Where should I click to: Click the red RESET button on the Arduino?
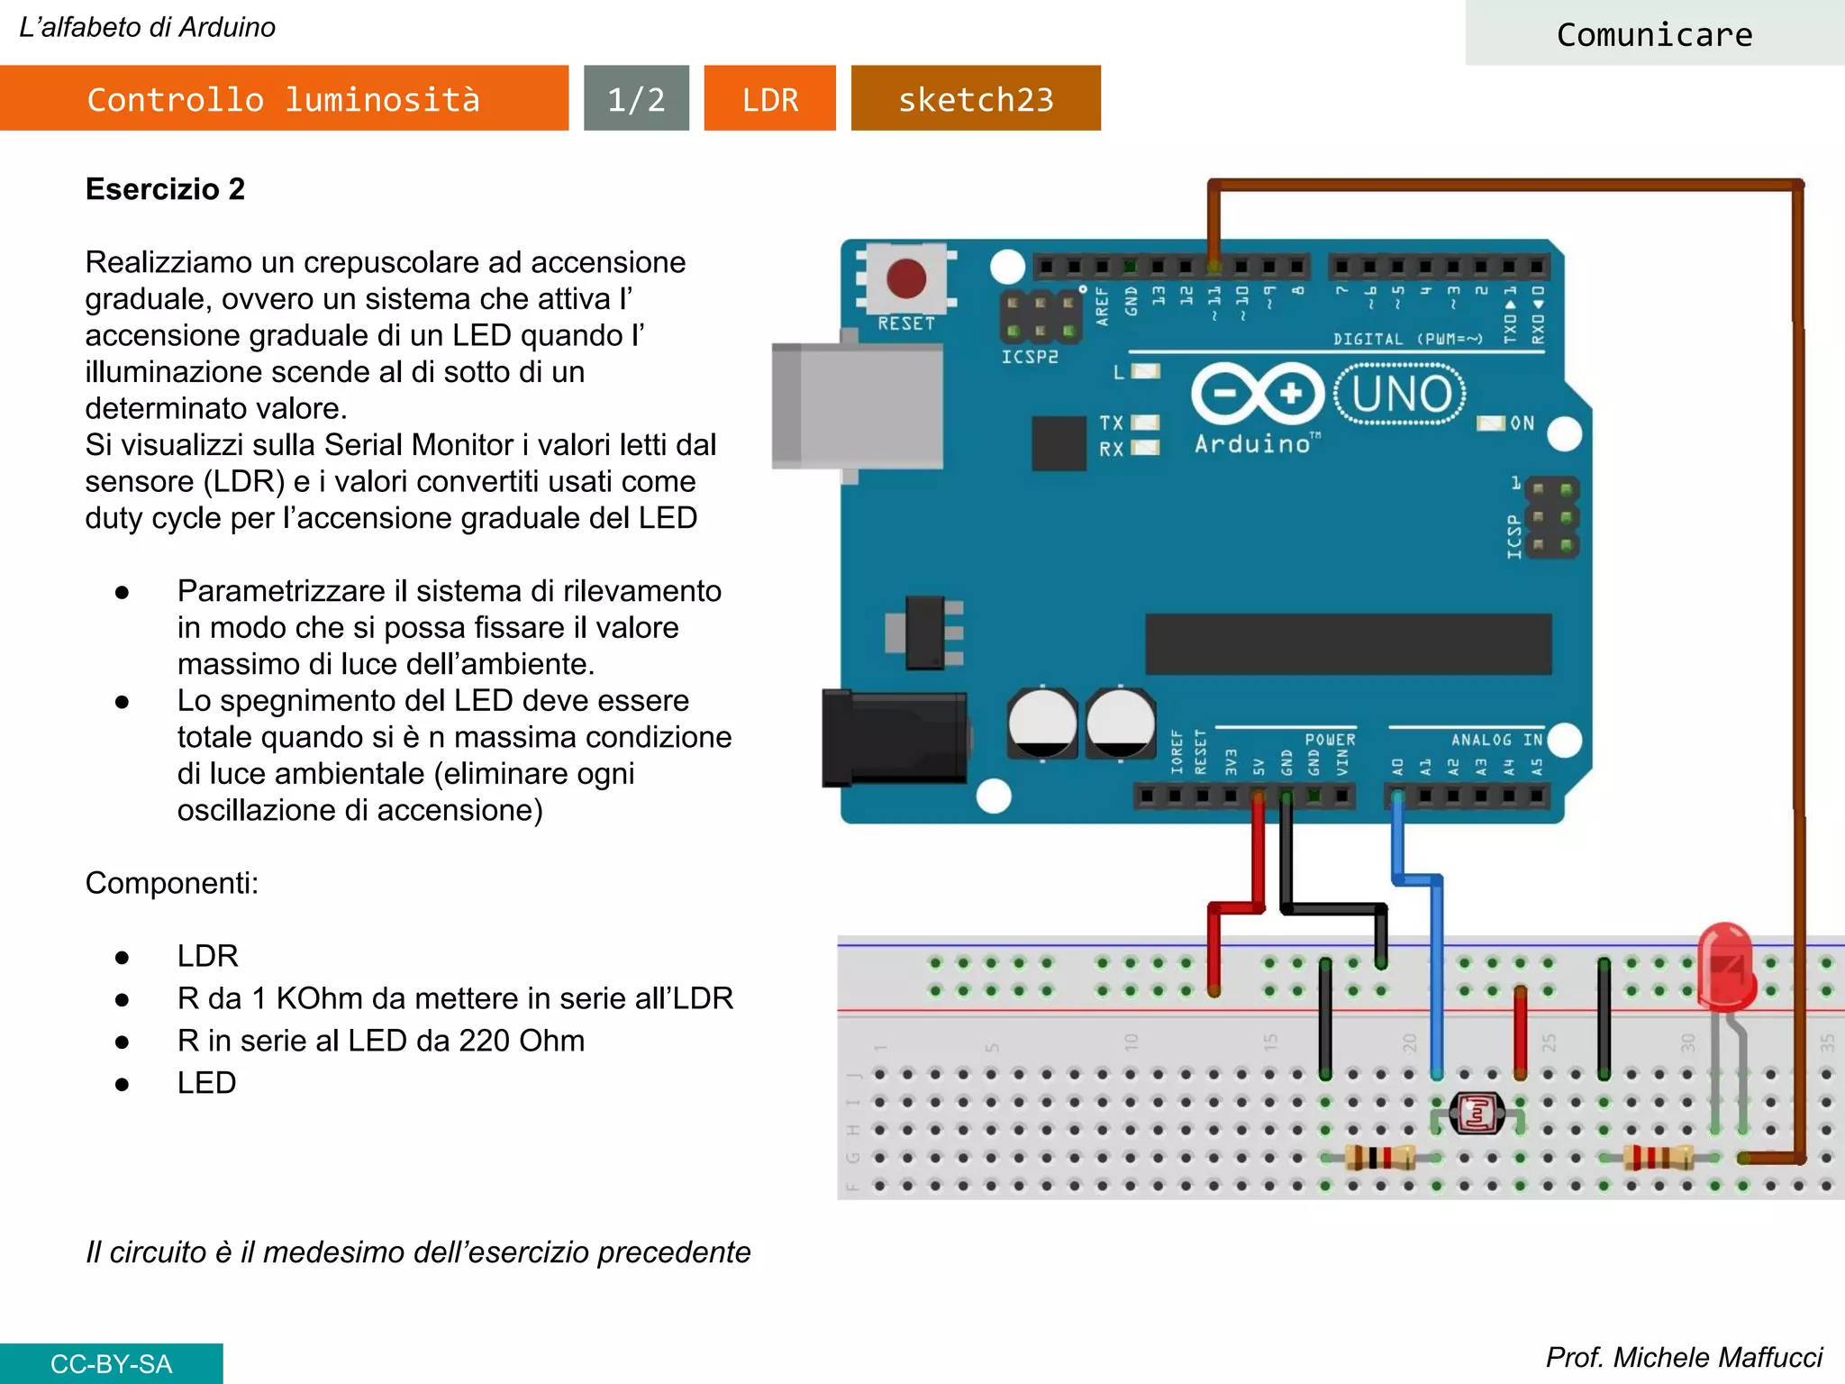[x=905, y=278]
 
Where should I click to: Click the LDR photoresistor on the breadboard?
[x=1477, y=1115]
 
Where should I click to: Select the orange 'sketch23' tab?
[x=976, y=99]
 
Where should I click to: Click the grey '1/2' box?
[x=636, y=99]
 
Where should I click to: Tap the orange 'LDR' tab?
[x=769, y=99]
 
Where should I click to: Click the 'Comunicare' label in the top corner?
[x=1654, y=34]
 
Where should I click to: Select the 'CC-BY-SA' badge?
[x=111, y=1363]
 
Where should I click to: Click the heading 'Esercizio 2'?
[x=165, y=189]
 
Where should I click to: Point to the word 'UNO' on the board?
[x=1402, y=394]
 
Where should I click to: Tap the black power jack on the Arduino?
[x=895, y=739]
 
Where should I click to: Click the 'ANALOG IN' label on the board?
[x=1495, y=740]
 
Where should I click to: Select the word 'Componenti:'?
[x=171, y=883]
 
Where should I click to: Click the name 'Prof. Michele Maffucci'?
[x=1683, y=1357]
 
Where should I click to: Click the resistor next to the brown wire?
[x=1659, y=1158]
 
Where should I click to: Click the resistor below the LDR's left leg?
[x=1378, y=1158]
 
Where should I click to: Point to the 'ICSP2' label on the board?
[x=1030, y=357]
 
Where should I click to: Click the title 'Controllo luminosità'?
[x=284, y=99]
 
